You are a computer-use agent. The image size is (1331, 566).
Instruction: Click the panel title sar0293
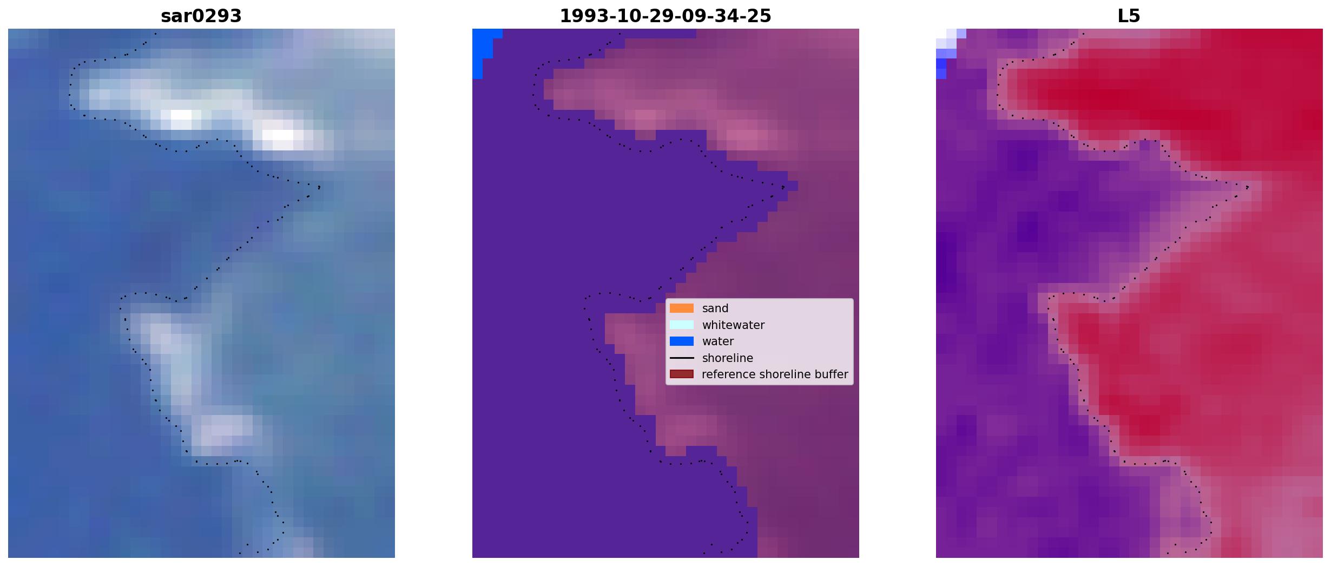pyautogui.click(x=201, y=16)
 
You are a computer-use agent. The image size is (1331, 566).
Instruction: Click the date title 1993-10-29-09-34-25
pyautogui.click(x=665, y=16)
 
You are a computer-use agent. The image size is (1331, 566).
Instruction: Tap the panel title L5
pyautogui.click(x=1129, y=16)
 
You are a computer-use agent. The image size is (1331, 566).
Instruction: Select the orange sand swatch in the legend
pyautogui.click(x=682, y=308)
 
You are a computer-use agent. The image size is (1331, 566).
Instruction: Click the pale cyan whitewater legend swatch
pyautogui.click(x=682, y=325)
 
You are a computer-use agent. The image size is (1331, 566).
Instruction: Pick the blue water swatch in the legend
pyautogui.click(x=682, y=341)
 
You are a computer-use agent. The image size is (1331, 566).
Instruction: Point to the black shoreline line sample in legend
pyautogui.click(x=682, y=358)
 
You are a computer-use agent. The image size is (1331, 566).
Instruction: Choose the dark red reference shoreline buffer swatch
pyautogui.click(x=682, y=374)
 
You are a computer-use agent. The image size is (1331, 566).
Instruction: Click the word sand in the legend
pyautogui.click(x=715, y=308)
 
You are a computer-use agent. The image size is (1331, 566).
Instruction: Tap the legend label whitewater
pyautogui.click(x=733, y=325)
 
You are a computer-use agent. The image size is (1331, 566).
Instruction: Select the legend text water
pyautogui.click(x=718, y=341)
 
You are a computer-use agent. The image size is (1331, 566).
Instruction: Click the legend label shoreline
pyautogui.click(x=728, y=358)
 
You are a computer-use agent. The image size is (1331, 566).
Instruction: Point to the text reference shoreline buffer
pyautogui.click(x=775, y=374)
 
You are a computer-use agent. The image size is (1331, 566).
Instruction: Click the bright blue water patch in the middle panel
pyautogui.click(x=483, y=51)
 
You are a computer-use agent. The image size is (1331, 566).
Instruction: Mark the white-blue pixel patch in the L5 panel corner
pyautogui.click(x=947, y=49)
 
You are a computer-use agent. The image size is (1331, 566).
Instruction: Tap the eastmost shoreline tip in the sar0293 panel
pyautogui.click(x=320, y=187)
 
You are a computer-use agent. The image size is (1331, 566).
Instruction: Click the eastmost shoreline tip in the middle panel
pyautogui.click(x=783, y=187)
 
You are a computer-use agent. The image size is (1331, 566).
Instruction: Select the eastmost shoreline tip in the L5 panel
pyautogui.click(x=1248, y=187)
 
